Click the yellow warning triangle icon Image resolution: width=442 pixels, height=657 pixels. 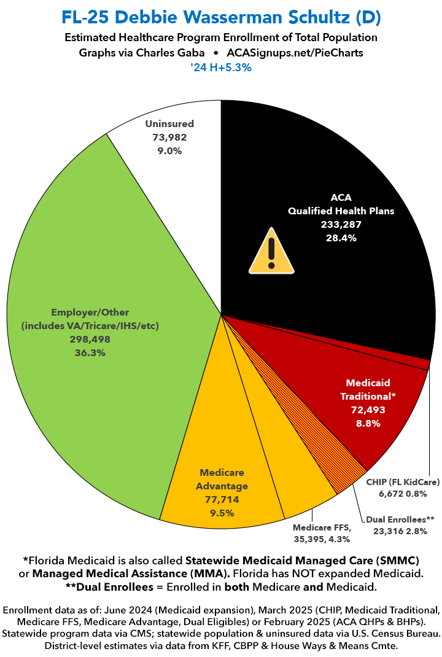[x=270, y=251]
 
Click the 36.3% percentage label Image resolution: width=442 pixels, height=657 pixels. [x=90, y=352]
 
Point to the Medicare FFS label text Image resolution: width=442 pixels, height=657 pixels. [x=321, y=527]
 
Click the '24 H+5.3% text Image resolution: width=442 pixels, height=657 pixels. [x=221, y=69]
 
